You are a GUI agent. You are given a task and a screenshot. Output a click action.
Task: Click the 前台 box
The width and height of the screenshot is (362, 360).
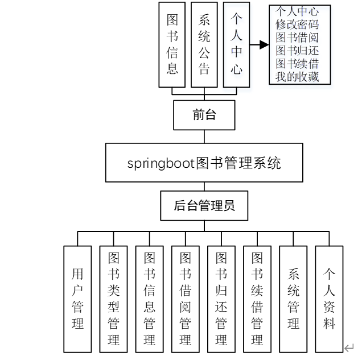pyautogui.click(x=204, y=115)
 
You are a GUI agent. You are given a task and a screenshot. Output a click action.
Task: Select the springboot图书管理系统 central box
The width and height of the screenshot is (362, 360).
pyautogui.click(x=204, y=163)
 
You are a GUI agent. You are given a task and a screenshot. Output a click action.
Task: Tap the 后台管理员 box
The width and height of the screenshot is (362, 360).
pyautogui.click(x=204, y=206)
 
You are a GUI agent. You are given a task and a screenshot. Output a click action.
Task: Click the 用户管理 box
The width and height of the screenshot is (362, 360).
pyautogui.click(x=77, y=299)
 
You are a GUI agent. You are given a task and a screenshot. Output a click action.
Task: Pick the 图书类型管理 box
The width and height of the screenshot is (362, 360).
pyautogui.click(x=113, y=299)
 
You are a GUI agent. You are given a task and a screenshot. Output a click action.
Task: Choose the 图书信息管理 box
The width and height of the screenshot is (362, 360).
pyautogui.click(x=149, y=299)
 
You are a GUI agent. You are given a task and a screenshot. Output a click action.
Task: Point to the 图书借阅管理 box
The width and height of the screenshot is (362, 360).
pyautogui.click(x=185, y=299)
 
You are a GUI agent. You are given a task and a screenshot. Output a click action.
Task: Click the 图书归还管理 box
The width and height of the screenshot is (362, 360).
pyautogui.click(x=221, y=299)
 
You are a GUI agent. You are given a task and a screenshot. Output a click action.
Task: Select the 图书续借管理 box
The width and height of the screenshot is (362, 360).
pyautogui.click(x=257, y=299)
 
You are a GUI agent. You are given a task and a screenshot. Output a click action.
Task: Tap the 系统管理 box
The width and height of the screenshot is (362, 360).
pyautogui.click(x=293, y=299)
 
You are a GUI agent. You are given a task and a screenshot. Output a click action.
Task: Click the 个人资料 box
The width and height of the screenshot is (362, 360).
pyautogui.click(x=329, y=299)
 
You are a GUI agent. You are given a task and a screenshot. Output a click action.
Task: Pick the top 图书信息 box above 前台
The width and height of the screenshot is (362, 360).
pyautogui.click(x=172, y=44)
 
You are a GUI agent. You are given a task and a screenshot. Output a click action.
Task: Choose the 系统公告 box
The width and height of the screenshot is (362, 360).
pyautogui.click(x=204, y=44)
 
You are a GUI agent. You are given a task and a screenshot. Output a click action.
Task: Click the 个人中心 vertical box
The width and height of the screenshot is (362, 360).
pyautogui.click(x=236, y=44)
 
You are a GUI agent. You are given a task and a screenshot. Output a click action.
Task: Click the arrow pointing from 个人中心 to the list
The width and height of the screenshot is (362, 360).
pyautogui.click(x=259, y=45)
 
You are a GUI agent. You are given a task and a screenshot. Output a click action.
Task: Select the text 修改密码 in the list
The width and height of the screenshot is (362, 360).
pyautogui.click(x=297, y=24)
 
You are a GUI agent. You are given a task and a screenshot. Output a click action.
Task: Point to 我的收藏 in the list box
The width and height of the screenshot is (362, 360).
pyautogui.click(x=297, y=76)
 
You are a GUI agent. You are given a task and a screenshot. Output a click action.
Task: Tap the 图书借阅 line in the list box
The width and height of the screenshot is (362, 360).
pyautogui.click(x=297, y=38)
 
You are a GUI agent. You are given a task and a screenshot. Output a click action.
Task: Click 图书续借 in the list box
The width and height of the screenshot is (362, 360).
pyautogui.click(x=297, y=63)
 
